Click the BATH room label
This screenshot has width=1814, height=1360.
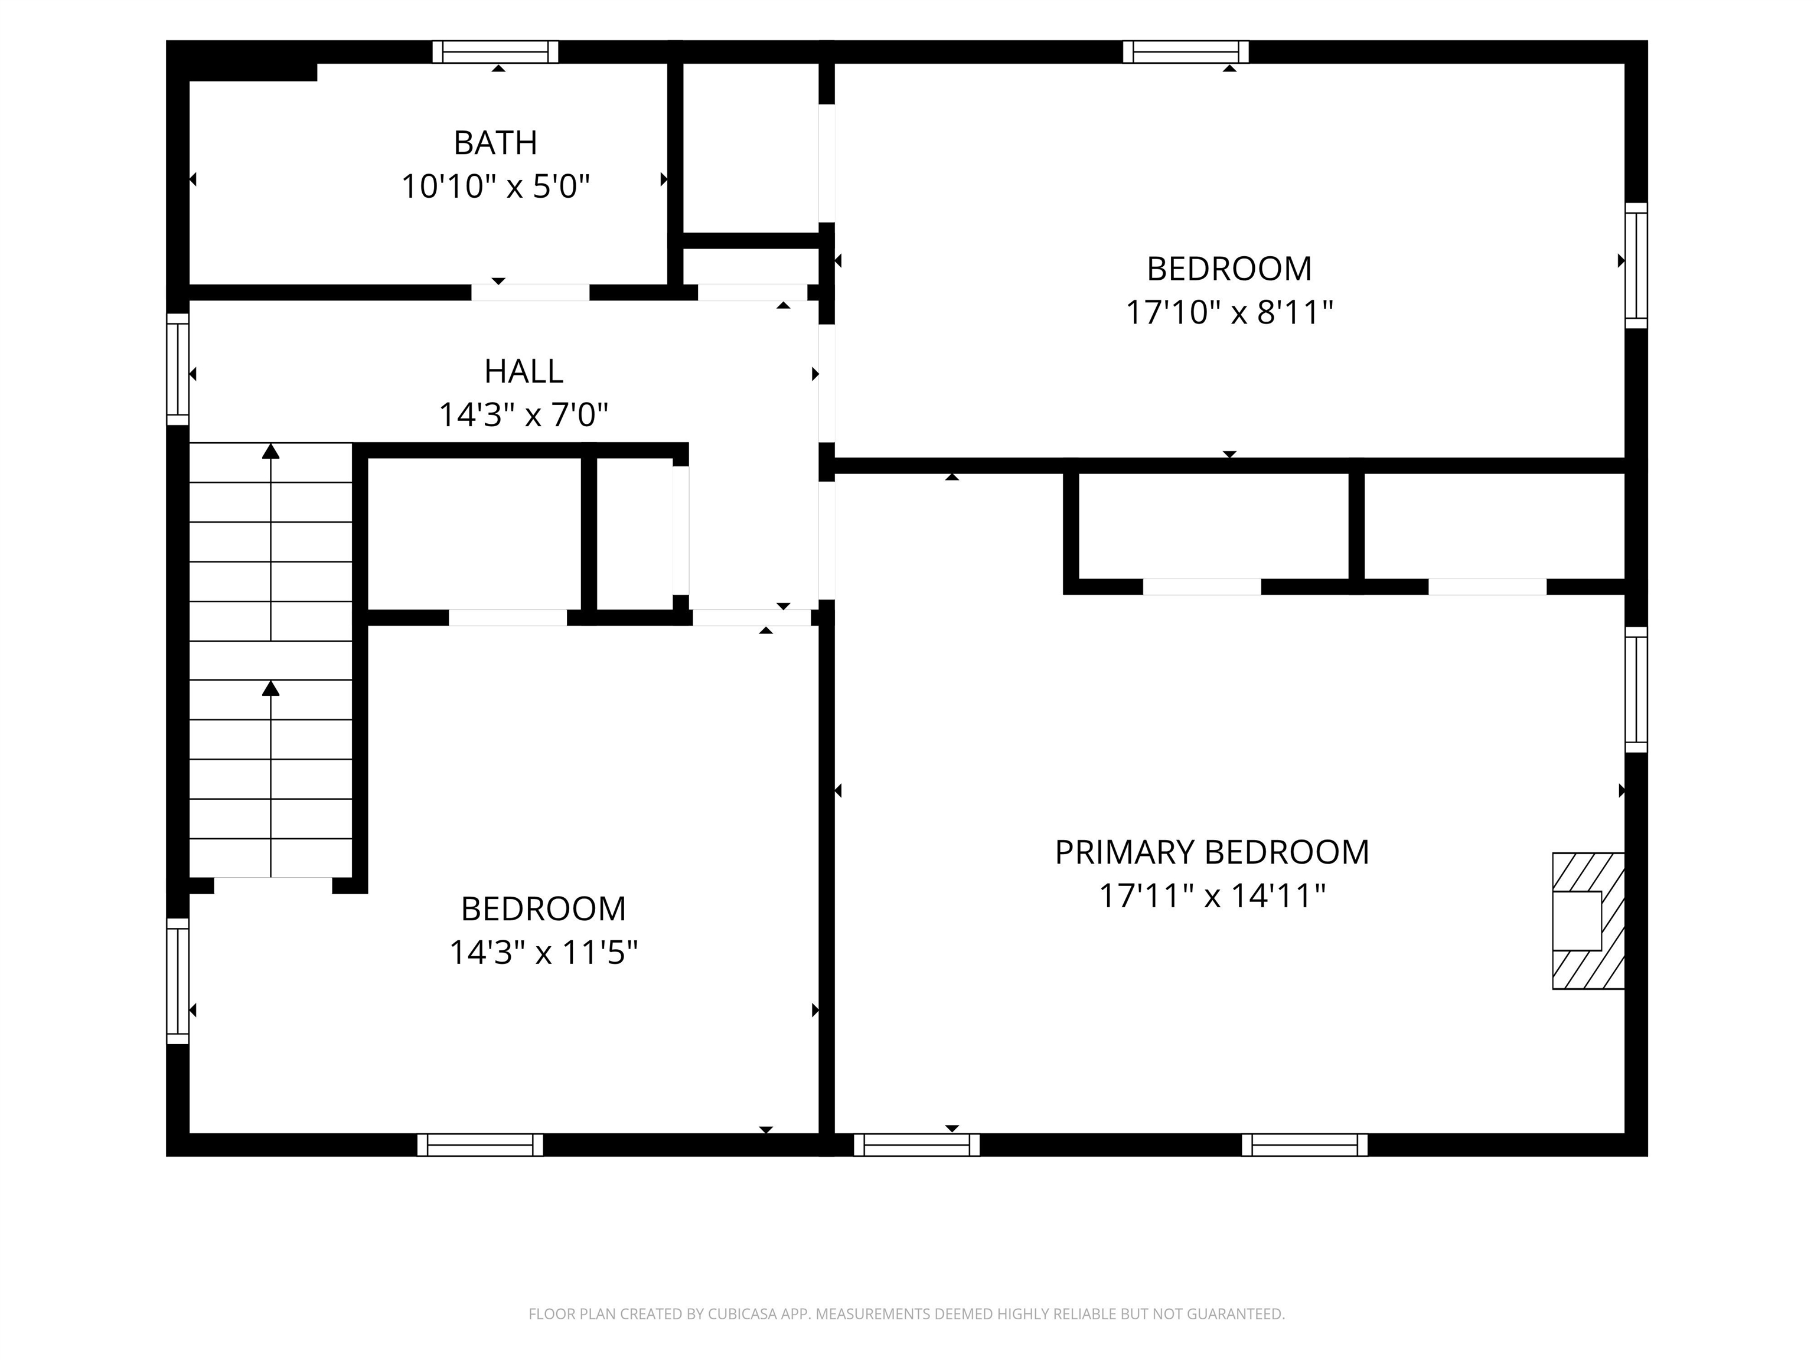point(495,143)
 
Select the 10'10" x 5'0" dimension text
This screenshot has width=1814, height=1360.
point(495,187)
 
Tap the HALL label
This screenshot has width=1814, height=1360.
point(524,371)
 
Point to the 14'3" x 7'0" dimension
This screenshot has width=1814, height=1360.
point(524,415)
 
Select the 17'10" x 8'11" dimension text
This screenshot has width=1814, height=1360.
point(1229,312)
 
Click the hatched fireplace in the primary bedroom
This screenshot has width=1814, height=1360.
point(1588,921)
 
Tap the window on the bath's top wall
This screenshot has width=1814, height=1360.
point(495,51)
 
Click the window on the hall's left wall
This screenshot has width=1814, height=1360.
point(178,369)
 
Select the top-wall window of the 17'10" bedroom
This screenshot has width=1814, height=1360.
point(1186,51)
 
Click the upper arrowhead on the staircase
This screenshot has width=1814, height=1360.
point(270,451)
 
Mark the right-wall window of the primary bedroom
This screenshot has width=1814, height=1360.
point(1636,689)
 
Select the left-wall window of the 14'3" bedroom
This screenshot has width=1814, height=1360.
point(178,981)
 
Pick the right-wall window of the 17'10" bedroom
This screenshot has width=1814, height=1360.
point(1636,266)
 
